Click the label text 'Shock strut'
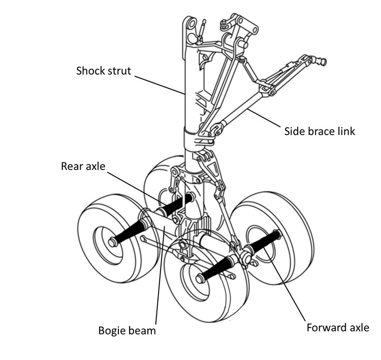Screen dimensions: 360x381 click(103, 71)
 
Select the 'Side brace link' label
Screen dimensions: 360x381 click(319, 131)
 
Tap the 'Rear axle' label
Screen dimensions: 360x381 click(84, 166)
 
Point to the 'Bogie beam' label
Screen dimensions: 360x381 click(126, 331)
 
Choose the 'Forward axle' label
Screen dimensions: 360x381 click(337, 328)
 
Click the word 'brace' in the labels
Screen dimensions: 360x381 click(322, 131)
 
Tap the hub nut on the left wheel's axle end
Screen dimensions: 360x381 click(112, 243)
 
